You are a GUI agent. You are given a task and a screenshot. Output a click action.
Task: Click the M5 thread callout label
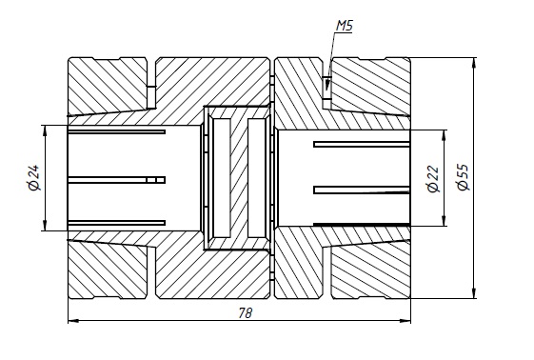[x=345, y=26]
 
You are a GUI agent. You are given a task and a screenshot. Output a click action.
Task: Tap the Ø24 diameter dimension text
[x=34, y=178]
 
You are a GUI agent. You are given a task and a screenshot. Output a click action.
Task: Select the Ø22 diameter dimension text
[x=433, y=179]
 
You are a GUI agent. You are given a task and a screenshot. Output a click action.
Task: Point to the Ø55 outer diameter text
[x=463, y=177]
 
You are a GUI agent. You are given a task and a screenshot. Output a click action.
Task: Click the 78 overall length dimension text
[x=246, y=313]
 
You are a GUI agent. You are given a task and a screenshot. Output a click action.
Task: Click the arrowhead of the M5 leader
[x=326, y=84]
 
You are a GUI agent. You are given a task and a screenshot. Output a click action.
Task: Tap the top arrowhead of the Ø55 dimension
[x=474, y=64]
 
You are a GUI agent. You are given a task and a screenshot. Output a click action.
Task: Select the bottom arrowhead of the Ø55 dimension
[x=474, y=293]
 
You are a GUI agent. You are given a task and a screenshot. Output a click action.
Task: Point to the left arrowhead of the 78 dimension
[x=74, y=321]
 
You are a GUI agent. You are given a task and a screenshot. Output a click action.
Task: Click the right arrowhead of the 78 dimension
[x=405, y=321]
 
